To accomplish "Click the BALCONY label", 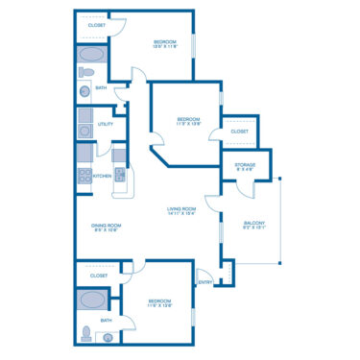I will pos(254,224).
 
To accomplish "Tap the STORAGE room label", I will pos(245,165).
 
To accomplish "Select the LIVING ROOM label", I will pos(181,208).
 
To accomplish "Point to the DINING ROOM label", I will pos(106,225).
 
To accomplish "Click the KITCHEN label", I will pos(102,177).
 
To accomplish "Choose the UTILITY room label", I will pos(106,124).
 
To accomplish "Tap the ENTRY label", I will pos(204,282).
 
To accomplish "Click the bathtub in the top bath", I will pos(93,54).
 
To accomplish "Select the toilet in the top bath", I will pos(84,72).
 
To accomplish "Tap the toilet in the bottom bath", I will pos(86,333).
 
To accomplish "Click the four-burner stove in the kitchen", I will pos(84,175).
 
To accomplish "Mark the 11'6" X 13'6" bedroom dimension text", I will pos(158,305).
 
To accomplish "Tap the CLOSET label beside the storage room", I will pos(239,132).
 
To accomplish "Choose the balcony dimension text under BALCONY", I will pos(254,229).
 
